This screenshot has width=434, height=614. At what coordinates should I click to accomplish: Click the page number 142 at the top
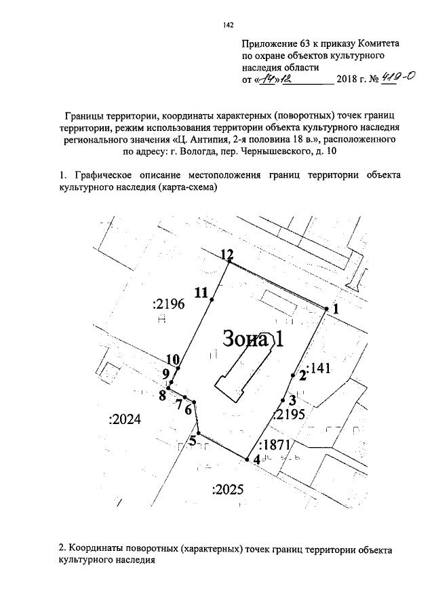point(229,26)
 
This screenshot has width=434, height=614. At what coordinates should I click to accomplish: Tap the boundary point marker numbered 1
point(326,309)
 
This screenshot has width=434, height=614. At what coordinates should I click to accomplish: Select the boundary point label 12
point(228,254)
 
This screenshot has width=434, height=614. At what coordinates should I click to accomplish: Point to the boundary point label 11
point(201,292)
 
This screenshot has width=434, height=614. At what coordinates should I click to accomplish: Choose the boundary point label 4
point(256,460)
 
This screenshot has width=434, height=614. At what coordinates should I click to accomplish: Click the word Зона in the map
point(245,339)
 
